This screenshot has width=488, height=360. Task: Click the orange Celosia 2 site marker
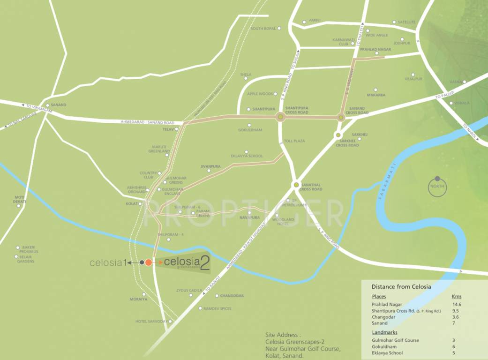click(149, 262)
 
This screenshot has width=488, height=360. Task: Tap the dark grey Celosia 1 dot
click(142, 262)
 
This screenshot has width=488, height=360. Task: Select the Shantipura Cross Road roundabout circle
click(280, 117)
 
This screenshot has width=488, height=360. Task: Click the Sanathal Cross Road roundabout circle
click(296, 185)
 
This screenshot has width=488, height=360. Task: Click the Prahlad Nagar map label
click(375, 49)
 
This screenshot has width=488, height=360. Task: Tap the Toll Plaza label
click(294, 141)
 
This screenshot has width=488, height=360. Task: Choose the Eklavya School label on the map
click(247, 156)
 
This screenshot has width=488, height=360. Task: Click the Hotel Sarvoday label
click(151, 322)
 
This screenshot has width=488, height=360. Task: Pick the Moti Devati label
click(20, 199)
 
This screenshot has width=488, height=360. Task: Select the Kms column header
click(456, 296)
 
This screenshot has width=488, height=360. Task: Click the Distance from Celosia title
click(401, 286)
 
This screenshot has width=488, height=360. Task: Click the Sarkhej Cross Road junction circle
click(338, 135)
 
